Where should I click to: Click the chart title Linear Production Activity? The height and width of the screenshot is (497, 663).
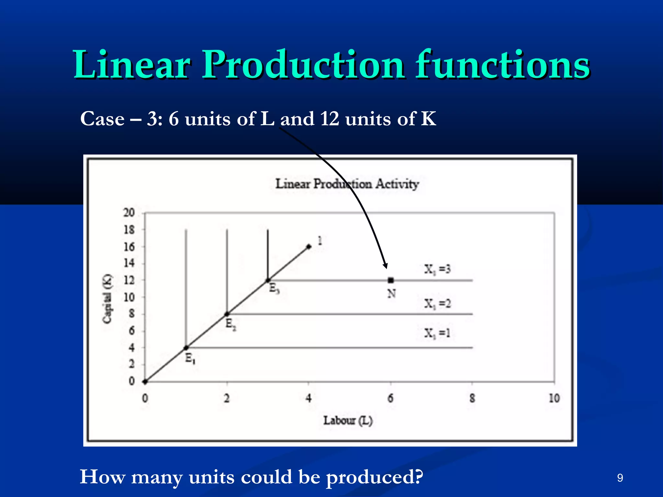[x=347, y=184]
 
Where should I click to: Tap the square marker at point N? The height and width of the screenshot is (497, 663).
[x=391, y=280]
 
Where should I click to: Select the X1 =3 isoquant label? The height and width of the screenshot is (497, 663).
[x=437, y=269]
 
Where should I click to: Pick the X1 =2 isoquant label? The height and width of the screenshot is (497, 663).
[x=437, y=304]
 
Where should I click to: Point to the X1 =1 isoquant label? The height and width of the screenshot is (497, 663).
[x=437, y=333]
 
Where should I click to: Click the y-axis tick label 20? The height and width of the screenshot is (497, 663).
[x=129, y=213]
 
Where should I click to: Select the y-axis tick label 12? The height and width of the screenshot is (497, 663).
[x=129, y=280]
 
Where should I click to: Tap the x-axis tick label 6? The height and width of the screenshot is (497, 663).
[x=391, y=398]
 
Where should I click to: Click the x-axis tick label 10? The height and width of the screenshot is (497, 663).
[x=554, y=398]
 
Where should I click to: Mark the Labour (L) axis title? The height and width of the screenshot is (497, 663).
[x=348, y=421]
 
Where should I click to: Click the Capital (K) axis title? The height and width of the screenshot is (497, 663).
[x=107, y=298]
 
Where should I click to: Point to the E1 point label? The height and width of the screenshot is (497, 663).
[x=190, y=359]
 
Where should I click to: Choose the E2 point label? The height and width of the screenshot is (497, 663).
[x=230, y=324]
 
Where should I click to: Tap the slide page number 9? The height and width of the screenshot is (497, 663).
[x=620, y=478]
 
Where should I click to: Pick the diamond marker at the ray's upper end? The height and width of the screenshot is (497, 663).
[x=309, y=247]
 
